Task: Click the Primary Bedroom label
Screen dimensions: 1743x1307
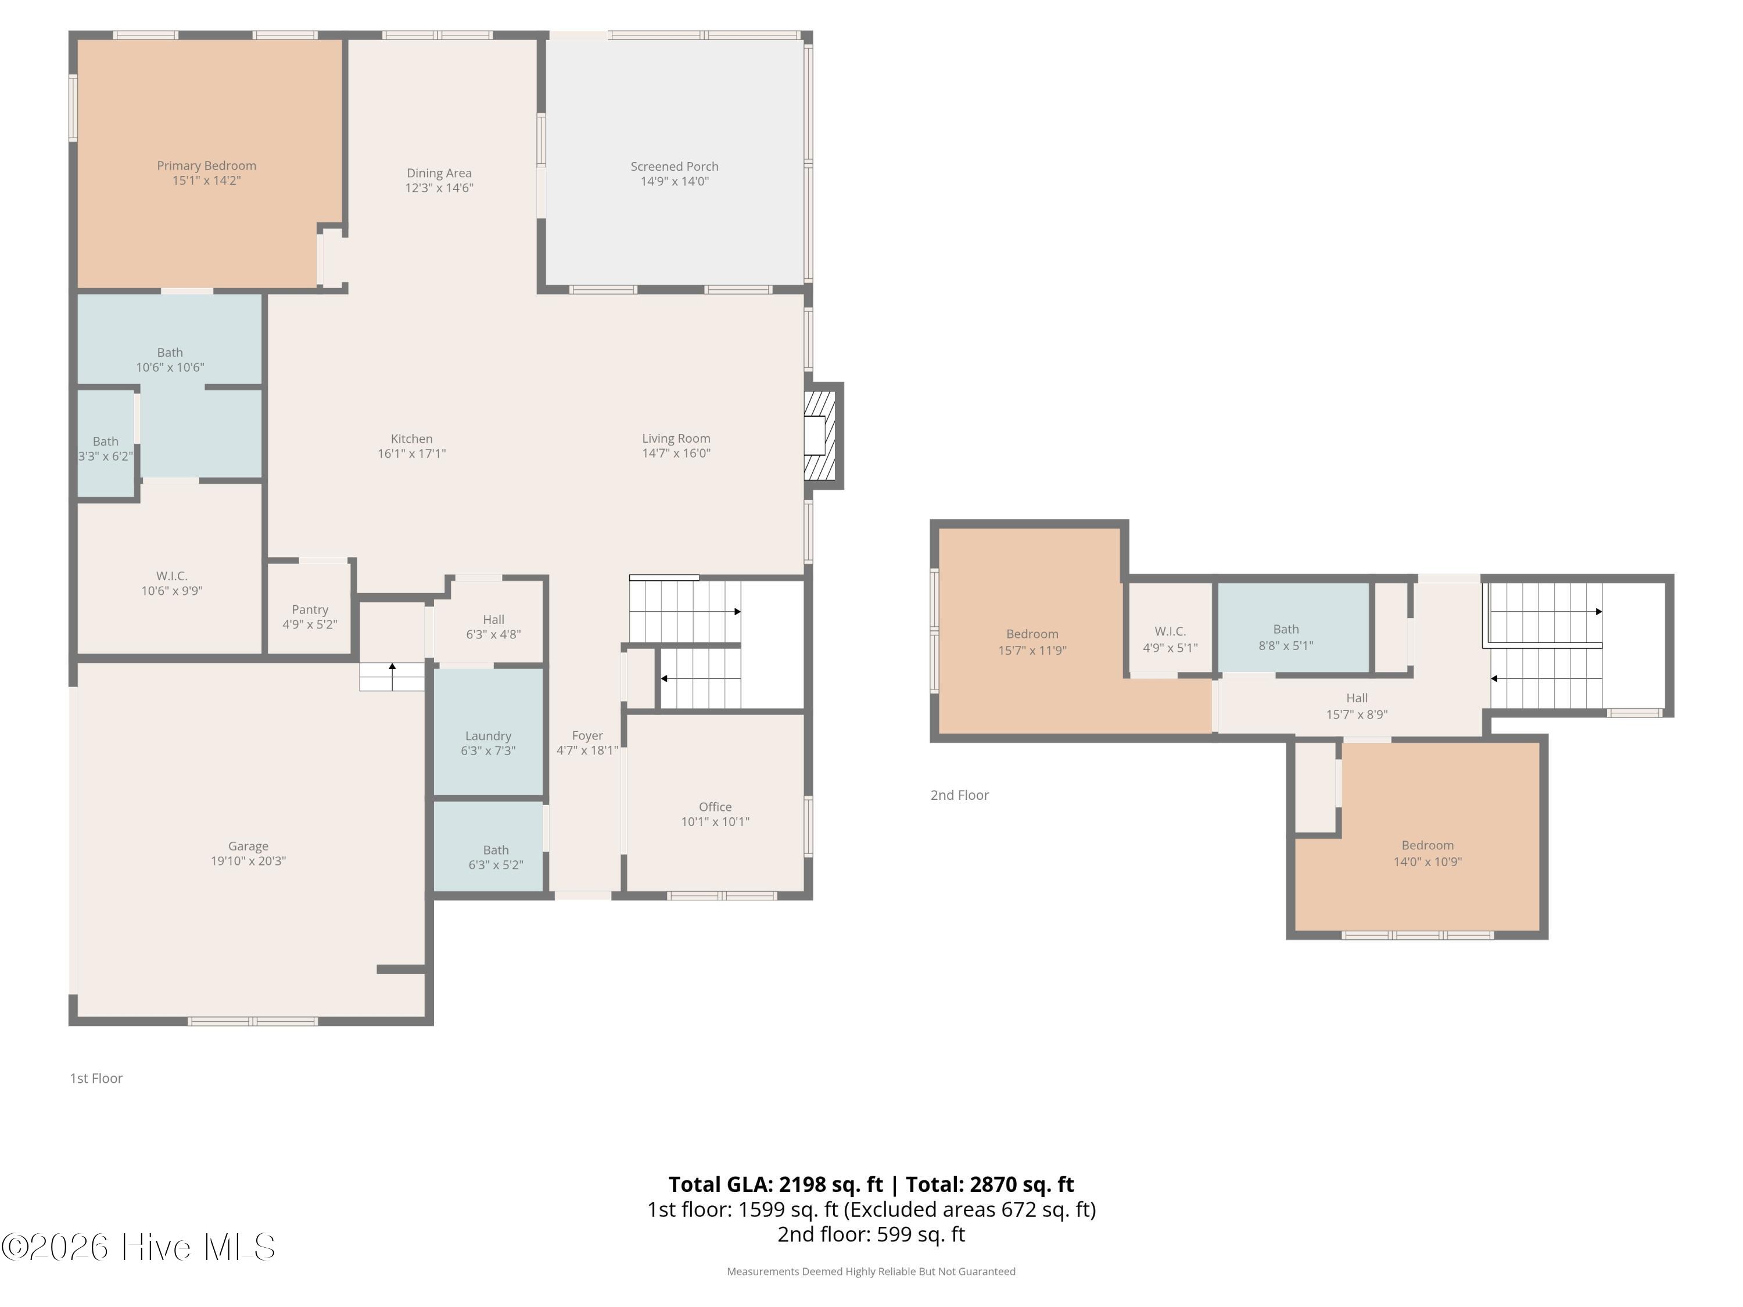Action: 206,166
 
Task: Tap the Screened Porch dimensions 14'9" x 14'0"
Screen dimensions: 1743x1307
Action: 675,181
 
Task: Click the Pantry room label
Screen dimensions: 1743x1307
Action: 310,610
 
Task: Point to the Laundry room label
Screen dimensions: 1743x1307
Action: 489,736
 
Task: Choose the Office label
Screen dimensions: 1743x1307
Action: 715,807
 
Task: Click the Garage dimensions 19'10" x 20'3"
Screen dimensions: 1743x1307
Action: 248,861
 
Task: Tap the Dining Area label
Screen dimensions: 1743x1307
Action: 439,173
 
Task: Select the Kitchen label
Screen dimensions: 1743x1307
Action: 411,439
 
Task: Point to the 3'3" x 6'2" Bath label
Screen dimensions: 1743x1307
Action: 106,449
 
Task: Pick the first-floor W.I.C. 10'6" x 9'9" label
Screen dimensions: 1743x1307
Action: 172,583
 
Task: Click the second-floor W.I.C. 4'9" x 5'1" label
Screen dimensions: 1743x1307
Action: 1170,640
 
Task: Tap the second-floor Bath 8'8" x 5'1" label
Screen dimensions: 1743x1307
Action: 1286,637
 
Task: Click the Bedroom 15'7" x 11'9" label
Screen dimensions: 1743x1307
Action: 1032,642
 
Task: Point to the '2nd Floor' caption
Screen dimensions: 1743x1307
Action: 960,795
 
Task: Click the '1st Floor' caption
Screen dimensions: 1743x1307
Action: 96,1078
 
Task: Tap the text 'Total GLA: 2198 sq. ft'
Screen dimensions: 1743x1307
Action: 776,1184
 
